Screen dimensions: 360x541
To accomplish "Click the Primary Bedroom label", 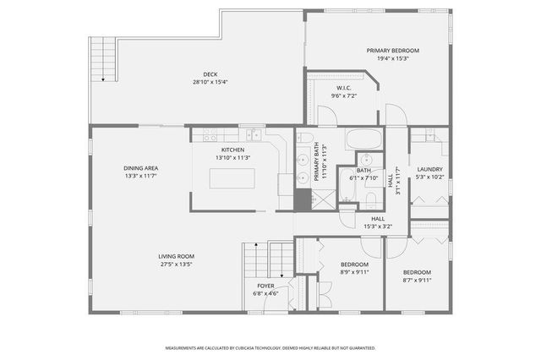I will [x=392, y=51].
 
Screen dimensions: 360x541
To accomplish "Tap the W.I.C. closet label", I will [x=343, y=88].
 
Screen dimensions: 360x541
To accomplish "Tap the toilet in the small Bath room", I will [x=371, y=200].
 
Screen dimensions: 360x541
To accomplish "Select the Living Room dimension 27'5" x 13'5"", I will [x=176, y=264].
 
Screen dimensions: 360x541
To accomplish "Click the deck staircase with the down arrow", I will [x=102, y=59].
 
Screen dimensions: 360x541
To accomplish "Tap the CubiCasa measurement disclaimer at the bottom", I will [x=270, y=347].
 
